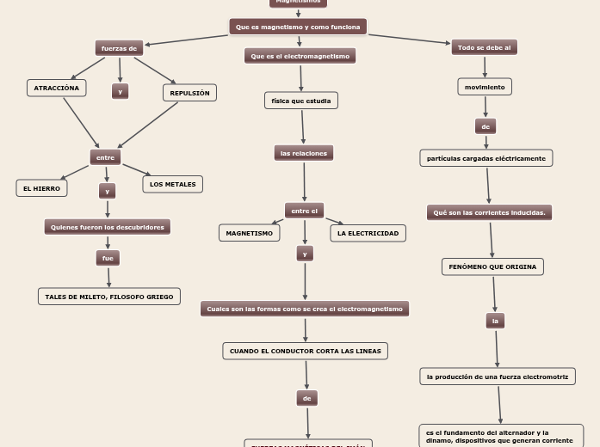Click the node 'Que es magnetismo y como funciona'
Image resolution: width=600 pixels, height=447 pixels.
click(x=298, y=28)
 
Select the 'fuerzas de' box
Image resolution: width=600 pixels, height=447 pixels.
click(x=119, y=48)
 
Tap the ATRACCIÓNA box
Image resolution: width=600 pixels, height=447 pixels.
click(x=57, y=88)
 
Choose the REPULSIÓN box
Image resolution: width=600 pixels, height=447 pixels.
click(x=189, y=93)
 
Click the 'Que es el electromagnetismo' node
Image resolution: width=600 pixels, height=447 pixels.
click(x=300, y=56)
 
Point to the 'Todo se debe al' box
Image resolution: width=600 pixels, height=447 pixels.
click(x=484, y=47)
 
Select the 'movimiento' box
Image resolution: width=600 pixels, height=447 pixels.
click(x=485, y=87)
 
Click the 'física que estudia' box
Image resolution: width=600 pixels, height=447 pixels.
click(x=300, y=101)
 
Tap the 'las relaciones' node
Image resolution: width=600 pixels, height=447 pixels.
click(x=304, y=153)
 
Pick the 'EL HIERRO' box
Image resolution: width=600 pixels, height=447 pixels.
click(x=41, y=187)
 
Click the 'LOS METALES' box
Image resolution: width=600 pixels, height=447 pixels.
click(x=172, y=184)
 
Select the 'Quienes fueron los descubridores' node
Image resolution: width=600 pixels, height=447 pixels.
click(x=108, y=227)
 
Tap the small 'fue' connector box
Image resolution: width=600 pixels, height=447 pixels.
click(x=108, y=258)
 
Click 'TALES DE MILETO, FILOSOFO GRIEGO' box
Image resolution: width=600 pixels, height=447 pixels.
click(x=109, y=297)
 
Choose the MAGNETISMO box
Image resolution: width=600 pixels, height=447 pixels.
click(x=249, y=233)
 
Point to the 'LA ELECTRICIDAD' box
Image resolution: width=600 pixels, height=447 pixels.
click(x=368, y=233)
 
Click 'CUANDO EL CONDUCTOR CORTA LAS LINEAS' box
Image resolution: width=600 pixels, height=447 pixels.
click(x=305, y=351)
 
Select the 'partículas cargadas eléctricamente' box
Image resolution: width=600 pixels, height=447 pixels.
click(x=486, y=158)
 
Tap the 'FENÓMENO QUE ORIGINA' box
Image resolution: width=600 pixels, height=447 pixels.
click(x=492, y=266)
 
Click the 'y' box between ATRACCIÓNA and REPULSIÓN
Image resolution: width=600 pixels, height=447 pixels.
click(x=121, y=91)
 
